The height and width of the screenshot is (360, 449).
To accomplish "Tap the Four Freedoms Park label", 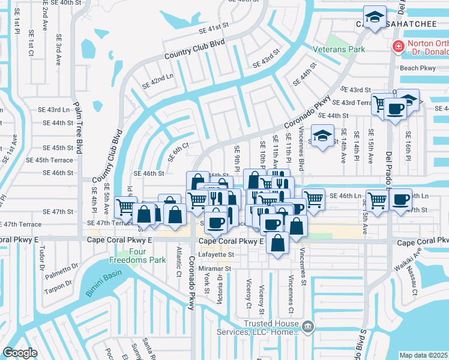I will click(x=130, y=256).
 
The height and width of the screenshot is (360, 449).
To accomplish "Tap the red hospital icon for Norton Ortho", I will click(x=398, y=47).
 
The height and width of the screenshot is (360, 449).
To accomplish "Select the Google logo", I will click(x=20, y=352).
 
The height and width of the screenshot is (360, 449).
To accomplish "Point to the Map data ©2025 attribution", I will click(x=423, y=355).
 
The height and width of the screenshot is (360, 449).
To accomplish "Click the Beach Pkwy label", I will click(x=417, y=68).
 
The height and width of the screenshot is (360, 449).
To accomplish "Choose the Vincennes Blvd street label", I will click(x=301, y=157).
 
